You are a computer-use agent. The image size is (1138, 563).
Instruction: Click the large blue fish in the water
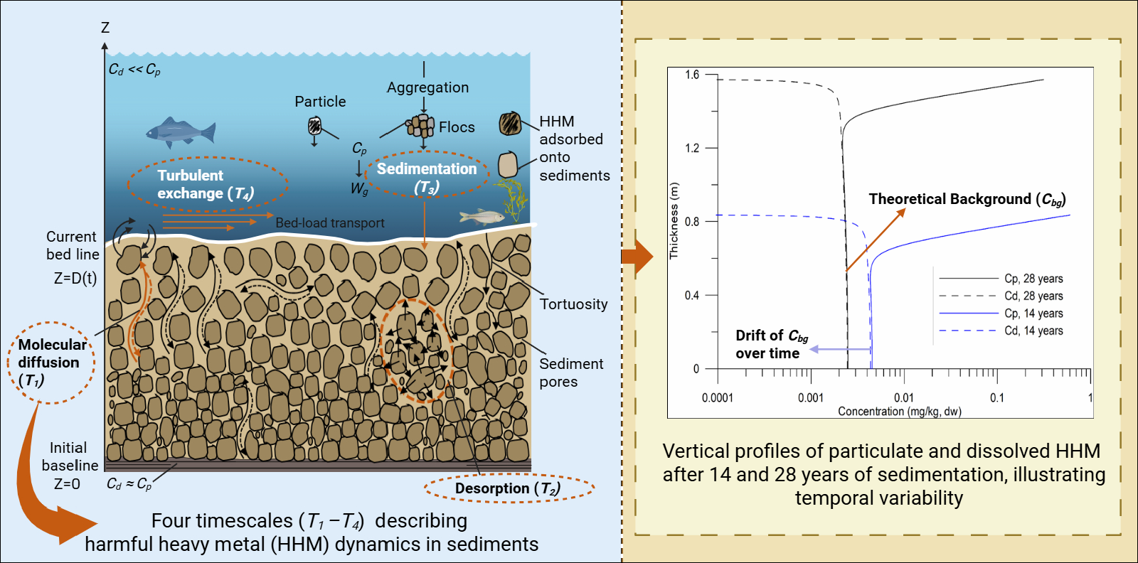coord(180,132)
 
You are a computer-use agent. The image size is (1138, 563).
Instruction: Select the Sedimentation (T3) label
coord(427,176)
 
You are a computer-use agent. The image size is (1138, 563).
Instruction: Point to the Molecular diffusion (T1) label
coord(51,362)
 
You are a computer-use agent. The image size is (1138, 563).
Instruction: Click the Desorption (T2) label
coord(508,488)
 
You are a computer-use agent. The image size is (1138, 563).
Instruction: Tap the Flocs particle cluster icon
coord(420,126)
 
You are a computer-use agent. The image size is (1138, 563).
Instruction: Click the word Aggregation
coord(427,87)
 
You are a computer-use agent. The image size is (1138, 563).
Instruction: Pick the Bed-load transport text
coord(330,223)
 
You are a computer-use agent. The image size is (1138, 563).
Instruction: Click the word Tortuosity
coord(573,304)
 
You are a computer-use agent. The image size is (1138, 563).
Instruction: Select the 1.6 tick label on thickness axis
coord(692,75)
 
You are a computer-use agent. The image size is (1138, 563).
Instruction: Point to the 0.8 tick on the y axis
coord(692,222)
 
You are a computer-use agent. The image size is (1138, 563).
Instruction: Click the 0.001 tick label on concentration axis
coord(810,397)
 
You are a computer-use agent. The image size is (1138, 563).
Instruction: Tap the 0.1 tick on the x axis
coord(996,397)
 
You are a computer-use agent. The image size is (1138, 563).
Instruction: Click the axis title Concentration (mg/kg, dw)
coord(899,411)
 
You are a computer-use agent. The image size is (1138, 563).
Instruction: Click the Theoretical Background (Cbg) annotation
coord(967,200)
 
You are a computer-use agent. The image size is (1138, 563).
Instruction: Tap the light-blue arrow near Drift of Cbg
coord(840,349)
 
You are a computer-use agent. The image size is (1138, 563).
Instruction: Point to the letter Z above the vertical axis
coord(105,28)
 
